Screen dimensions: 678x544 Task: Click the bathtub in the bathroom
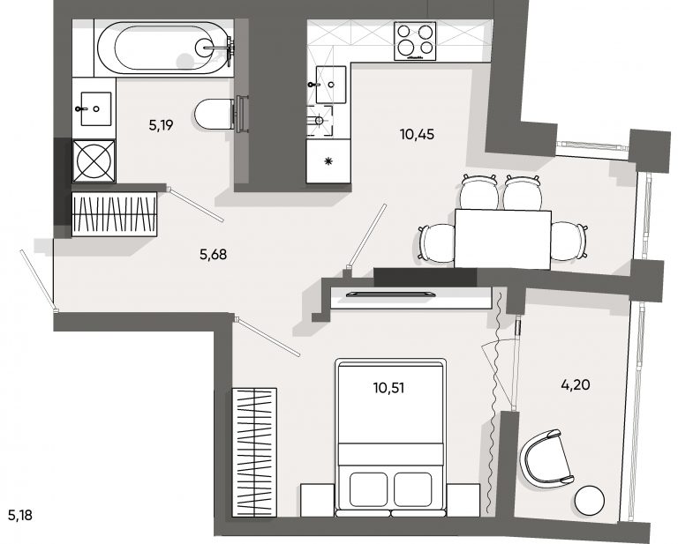click(x=165, y=48)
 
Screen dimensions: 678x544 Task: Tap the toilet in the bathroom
click(x=215, y=114)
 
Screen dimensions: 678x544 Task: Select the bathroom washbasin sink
click(x=96, y=108)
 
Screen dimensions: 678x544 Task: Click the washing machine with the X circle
click(x=94, y=160)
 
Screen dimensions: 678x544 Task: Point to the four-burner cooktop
click(x=415, y=41)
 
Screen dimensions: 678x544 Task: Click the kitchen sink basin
click(x=331, y=85)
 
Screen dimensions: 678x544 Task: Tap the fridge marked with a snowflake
click(x=328, y=161)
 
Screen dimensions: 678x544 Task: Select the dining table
click(x=502, y=240)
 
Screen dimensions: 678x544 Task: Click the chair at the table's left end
click(x=436, y=243)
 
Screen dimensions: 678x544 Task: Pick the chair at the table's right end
click(x=569, y=242)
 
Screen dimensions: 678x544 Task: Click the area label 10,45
click(x=417, y=135)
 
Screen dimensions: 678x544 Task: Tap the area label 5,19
click(x=161, y=125)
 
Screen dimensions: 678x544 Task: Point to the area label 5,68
click(x=213, y=255)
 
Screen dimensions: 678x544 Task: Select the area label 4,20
click(x=576, y=384)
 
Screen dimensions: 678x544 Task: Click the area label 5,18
click(x=20, y=515)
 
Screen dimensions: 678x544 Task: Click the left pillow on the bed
click(x=368, y=489)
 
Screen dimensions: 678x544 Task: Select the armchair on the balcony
click(x=546, y=459)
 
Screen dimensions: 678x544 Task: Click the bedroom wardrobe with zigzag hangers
click(x=254, y=452)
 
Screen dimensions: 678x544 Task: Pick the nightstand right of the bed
click(x=463, y=500)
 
